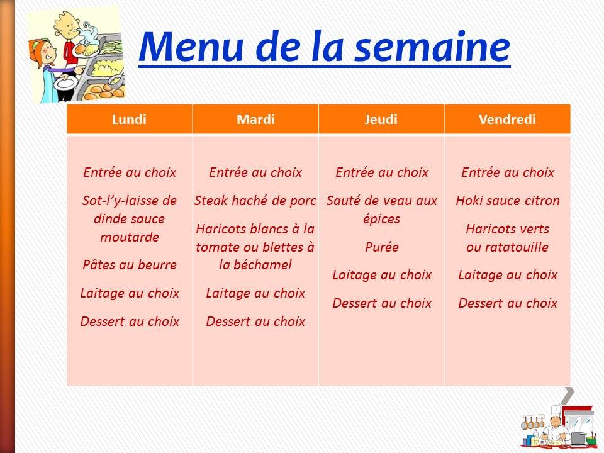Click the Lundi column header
[x=129, y=120]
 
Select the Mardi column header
[x=255, y=120]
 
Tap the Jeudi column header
[x=381, y=120]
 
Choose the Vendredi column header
[x=507, y=120]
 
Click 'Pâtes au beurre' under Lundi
[x=130, y=265]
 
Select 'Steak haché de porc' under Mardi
[x=255, y=201]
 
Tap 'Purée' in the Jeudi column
[x=382, y=247]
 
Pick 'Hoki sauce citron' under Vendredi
[x=508, y=201]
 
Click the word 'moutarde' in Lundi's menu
[x=130, y=237]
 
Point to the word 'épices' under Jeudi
[x=382, y=220]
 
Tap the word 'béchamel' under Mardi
[x=264, y=265]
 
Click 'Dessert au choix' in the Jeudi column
[x=382, y=303]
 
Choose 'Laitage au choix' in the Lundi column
[x=130, y=293]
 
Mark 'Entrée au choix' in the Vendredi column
[x=508, y=172]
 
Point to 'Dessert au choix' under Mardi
[x=255, y=322]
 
